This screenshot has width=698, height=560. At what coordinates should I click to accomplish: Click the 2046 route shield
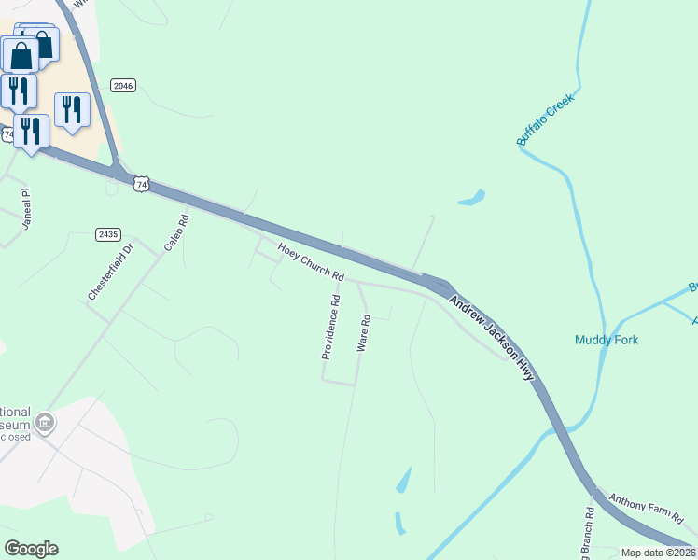pos(123,86)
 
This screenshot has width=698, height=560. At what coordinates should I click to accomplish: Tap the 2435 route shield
pos(108,234)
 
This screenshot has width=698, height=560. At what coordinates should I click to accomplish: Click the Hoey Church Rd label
pos(312,262)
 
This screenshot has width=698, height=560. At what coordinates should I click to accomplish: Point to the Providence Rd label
pos(330,328)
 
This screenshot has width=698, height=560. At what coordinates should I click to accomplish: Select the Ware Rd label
pos(364,332)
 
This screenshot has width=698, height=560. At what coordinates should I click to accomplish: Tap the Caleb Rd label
pos(176,233)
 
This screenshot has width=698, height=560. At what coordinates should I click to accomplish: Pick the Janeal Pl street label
pos(26,203)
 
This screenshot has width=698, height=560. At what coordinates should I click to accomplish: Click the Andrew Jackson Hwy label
pos(491,338)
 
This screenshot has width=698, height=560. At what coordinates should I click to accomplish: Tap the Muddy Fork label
pos(607,340)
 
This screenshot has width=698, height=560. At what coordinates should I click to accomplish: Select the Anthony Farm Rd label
pos(646,507)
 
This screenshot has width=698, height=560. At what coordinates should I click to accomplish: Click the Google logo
pos(31,549)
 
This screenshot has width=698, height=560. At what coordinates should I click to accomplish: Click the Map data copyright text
pos(659,553)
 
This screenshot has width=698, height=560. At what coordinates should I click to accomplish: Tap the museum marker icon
pos(44,423)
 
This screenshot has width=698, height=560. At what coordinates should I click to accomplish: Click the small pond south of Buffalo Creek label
pos(471,198)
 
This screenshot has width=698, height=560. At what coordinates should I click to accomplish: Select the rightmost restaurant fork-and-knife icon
pos(72,110)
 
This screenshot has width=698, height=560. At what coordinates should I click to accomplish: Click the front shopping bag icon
pos(21,55)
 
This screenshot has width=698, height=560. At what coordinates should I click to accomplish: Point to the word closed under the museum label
pos(15,437)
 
